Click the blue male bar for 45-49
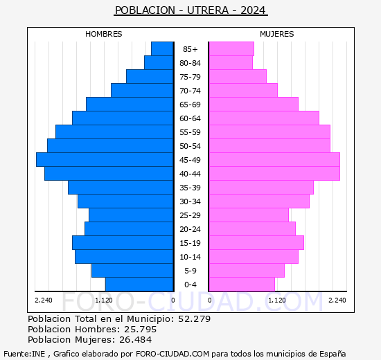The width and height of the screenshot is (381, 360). (x=105, y=159)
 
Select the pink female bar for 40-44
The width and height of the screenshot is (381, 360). (x=274, y=173)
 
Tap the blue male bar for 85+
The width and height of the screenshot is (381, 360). (x=162, y=48)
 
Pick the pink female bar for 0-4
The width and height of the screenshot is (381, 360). (x=241, y=284)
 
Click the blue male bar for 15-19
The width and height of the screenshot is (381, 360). (x=123, y=242)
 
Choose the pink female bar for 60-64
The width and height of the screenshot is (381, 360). (x=263, y=118)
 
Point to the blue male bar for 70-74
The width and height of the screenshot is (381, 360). (x=142, y=90)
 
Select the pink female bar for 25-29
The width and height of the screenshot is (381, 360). (x=248, y=215)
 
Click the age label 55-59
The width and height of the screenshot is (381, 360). (x=190, y=132)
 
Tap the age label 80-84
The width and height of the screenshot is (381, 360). (x=190, y=63)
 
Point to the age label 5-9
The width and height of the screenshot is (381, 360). (x=190, y=271)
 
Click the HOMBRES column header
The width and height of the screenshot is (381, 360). (x=104, y=34)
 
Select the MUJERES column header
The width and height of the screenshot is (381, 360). (x=277, y=34)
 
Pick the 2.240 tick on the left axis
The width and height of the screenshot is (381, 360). (x=43, y=300)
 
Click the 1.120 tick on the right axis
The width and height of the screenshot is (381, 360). (x=277, y=300)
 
